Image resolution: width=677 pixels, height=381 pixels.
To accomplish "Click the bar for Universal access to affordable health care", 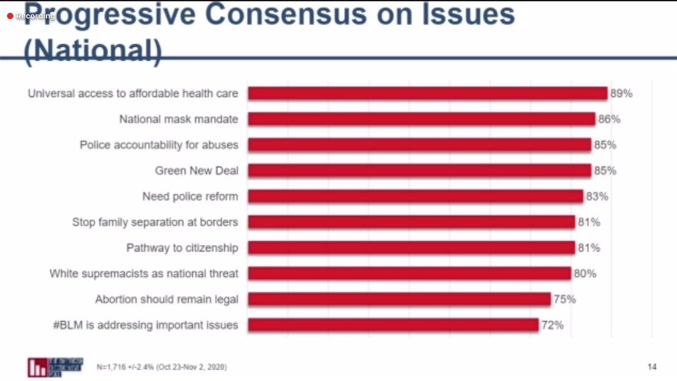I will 427,94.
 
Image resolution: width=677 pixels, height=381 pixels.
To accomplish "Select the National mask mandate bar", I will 422,119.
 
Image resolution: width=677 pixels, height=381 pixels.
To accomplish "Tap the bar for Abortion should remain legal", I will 399,299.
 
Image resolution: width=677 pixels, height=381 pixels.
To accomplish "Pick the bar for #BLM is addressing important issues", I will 393,325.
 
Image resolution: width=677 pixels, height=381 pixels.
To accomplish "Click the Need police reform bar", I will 415,197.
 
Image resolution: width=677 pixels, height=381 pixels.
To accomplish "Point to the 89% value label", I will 621,94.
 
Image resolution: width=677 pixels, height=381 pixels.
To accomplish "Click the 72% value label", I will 552,325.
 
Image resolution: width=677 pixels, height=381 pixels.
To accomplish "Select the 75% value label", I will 564,299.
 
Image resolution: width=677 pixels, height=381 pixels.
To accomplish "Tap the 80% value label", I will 584,273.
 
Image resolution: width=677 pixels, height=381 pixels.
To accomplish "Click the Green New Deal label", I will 196,171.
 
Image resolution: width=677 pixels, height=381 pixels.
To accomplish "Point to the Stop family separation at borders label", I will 155,222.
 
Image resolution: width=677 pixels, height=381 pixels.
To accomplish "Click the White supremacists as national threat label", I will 144,273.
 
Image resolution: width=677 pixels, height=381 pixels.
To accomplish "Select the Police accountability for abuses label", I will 158,145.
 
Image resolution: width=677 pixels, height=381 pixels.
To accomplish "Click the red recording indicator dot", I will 10,16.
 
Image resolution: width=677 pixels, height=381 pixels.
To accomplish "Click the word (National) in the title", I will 93,52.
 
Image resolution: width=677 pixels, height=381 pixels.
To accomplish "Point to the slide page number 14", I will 651,367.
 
